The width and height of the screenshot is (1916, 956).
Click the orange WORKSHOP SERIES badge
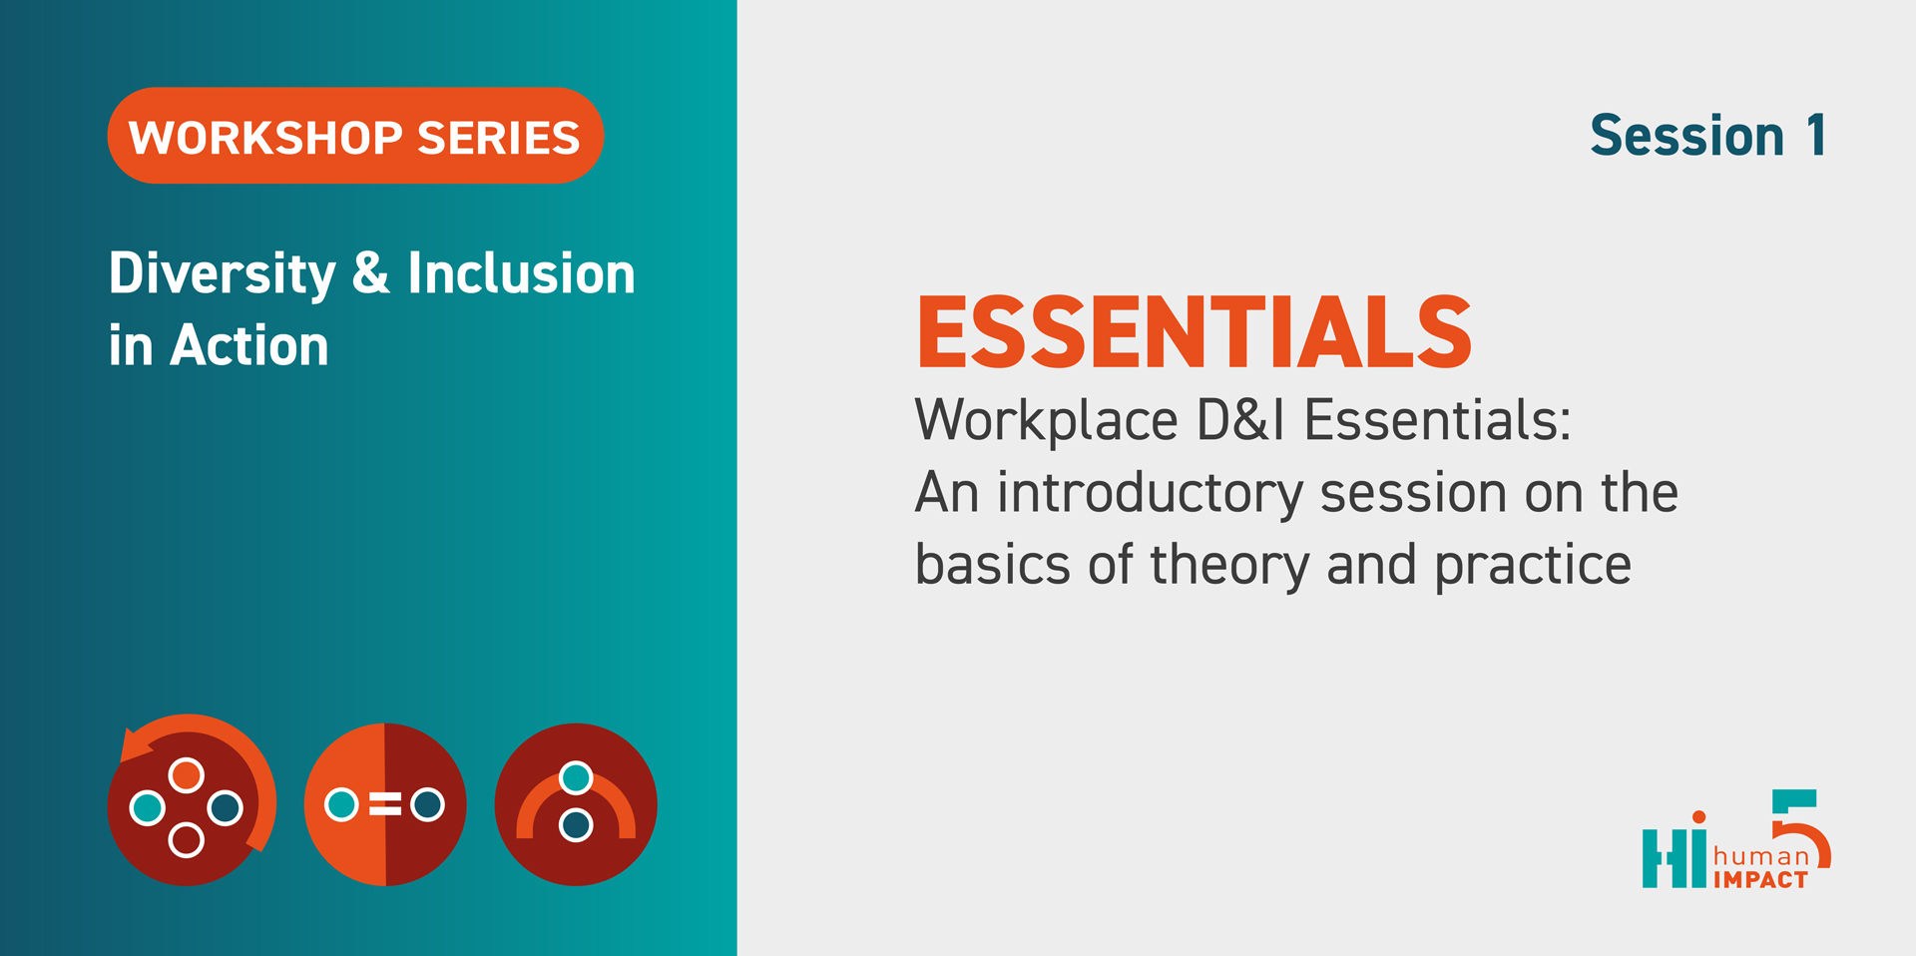point(355,136)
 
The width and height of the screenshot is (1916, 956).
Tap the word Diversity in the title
point(223,274)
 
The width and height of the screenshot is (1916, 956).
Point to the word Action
point(249,345)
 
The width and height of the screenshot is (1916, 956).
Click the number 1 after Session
point(1816,136)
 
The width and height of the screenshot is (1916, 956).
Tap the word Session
point(1687,136)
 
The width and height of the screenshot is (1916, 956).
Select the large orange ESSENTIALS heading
point(1195,332)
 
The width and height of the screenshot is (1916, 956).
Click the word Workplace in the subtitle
point(1047,421)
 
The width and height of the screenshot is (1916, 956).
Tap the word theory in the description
point(1229,566)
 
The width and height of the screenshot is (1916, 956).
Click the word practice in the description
point(1533,566)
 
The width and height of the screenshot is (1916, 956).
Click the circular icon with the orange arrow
point(191,800)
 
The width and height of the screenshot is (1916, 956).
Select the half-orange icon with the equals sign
point(385,804)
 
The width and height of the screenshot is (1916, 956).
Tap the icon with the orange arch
point(576,804)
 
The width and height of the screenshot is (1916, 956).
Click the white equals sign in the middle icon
point(385,804)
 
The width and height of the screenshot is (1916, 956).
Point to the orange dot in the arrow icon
point(187,774)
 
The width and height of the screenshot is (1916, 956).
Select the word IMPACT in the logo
point(1761,880)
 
